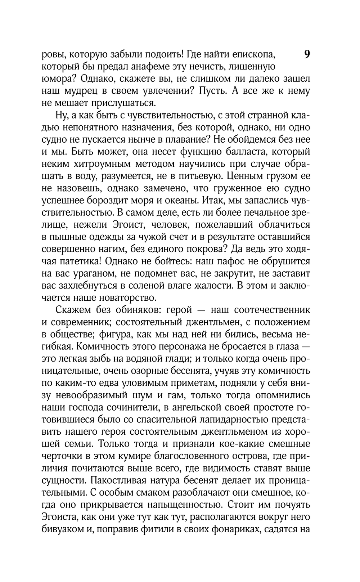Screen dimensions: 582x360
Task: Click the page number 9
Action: [x=307, y=54]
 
